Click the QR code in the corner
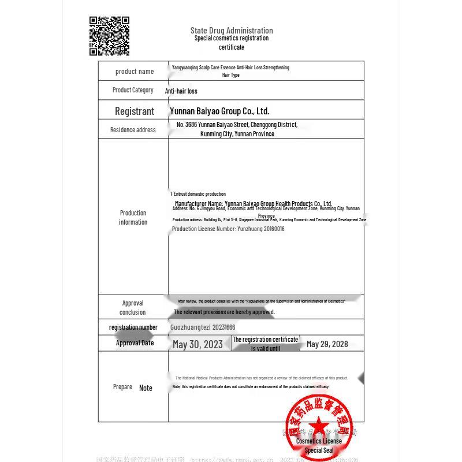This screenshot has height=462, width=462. (x=109, y=36)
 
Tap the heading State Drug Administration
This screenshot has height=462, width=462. (x=232, y=31)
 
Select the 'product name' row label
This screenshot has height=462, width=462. (x=135, y=72)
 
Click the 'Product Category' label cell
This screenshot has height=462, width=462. (x=133, y=90)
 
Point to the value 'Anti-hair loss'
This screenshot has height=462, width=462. (x=181, y=91)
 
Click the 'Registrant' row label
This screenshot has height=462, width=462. (x=134, y=111)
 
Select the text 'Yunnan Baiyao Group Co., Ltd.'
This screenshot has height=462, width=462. (x=219, y=111)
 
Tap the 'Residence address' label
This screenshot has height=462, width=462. (x=133, y=130)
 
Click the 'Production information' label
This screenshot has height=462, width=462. (x=133, y=218)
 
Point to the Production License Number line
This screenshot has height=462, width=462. (x=228, y=229)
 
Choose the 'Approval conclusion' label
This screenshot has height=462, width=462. (x=133, y=308)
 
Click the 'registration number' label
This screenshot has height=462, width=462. (x=133, y=327)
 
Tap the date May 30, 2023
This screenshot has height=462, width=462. (x=198, y=344)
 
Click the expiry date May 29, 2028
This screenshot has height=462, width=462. (x=327, y=344)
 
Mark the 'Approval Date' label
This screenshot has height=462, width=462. (x=135, y=343)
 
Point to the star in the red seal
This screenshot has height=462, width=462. (x=316, y=426)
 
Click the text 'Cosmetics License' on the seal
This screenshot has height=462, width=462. (x=319, y=441)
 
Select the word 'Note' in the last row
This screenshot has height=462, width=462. (x=146, y=388)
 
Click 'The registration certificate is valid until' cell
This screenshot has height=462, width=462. (x=266, y=344)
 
